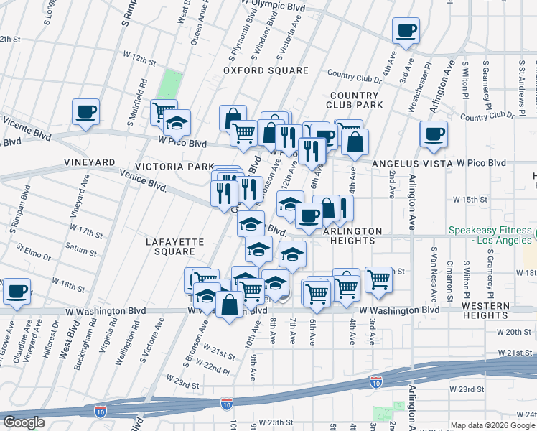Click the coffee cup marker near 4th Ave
(406, 31)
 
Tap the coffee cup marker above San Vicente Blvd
(85, 112)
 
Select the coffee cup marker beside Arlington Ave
(434, 134)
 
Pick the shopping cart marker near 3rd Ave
(378, 278)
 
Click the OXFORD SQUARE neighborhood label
(265, 70)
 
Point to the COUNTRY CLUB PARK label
(355, 100)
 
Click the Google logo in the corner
(24, 422)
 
